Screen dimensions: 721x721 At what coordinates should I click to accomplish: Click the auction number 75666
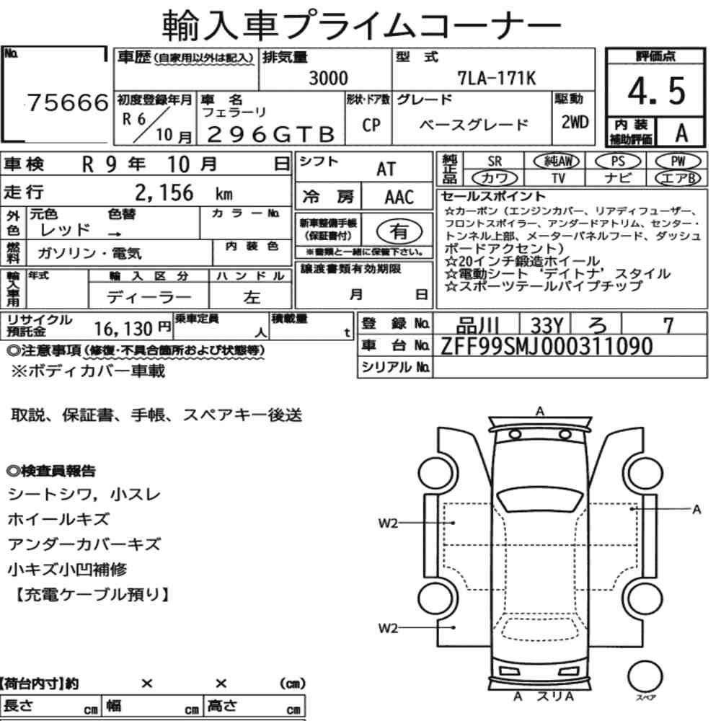[68, 102]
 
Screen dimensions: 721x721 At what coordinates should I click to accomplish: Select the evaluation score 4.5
[656, 91]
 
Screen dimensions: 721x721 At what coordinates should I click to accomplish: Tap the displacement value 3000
[328, 78]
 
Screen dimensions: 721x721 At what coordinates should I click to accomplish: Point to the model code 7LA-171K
[497, 78]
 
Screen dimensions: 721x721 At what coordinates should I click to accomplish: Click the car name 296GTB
[271, 135]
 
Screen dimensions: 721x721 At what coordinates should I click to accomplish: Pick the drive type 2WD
[575, 123]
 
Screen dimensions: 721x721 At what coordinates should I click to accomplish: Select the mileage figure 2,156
[164, 193]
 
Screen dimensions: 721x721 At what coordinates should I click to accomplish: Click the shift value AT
[386, 169]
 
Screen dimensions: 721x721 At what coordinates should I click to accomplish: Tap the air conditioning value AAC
[399, 198]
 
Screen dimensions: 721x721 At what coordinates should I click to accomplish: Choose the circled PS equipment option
[618, 162]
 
